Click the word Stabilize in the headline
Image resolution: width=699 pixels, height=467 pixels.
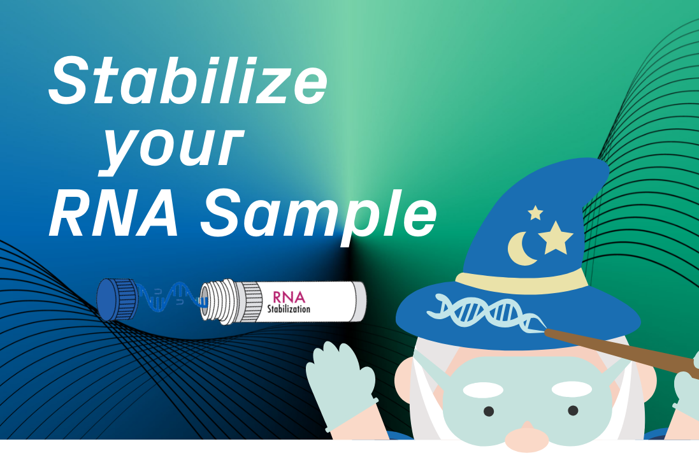188,82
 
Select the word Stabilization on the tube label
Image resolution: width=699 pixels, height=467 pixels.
288,309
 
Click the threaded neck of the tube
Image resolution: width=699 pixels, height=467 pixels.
220,299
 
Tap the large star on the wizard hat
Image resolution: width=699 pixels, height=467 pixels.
555,238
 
